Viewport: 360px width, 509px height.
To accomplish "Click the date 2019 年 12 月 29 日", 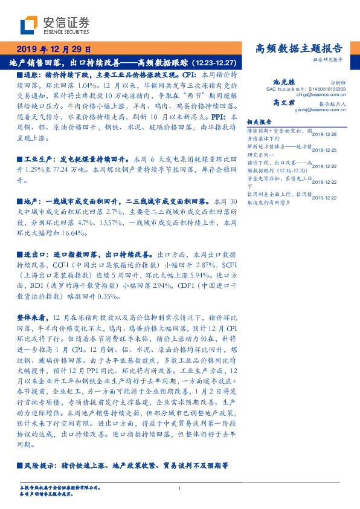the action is point(54,49).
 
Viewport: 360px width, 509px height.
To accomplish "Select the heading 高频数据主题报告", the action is point(299,49).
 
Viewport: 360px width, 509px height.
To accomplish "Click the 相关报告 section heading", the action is point(261,122).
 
